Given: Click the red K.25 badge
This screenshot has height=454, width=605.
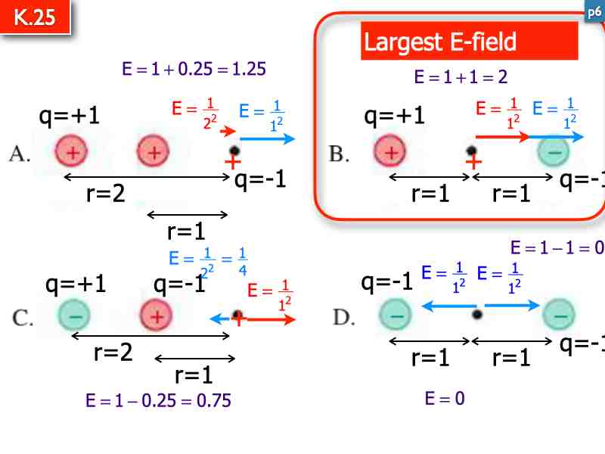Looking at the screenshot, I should point(35,17).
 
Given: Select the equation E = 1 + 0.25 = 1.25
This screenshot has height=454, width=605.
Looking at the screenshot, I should point(194,70).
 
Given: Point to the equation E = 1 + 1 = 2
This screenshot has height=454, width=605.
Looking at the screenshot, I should point(461,76).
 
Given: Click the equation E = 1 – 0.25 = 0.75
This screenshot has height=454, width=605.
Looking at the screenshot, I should point(158,401).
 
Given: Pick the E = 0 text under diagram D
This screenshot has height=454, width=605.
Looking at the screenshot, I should point(445,398).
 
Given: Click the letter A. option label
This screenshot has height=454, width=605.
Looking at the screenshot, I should point(20,154).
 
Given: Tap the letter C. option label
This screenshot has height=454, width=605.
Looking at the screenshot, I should point(23,318).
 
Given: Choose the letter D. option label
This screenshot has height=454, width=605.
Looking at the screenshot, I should point(344,317).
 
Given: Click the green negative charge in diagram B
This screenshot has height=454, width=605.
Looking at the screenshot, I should point(554,152).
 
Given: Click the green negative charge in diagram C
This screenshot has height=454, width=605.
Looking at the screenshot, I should point(73,316).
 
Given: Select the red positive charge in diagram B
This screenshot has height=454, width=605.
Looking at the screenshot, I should point(390,152).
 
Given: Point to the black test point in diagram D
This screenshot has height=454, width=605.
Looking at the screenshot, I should point(476,313).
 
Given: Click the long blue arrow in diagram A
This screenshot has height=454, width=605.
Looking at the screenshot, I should point(267,138).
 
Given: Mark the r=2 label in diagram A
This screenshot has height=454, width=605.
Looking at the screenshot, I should point(106,194).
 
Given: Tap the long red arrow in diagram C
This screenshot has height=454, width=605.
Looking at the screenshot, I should point(270,319).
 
